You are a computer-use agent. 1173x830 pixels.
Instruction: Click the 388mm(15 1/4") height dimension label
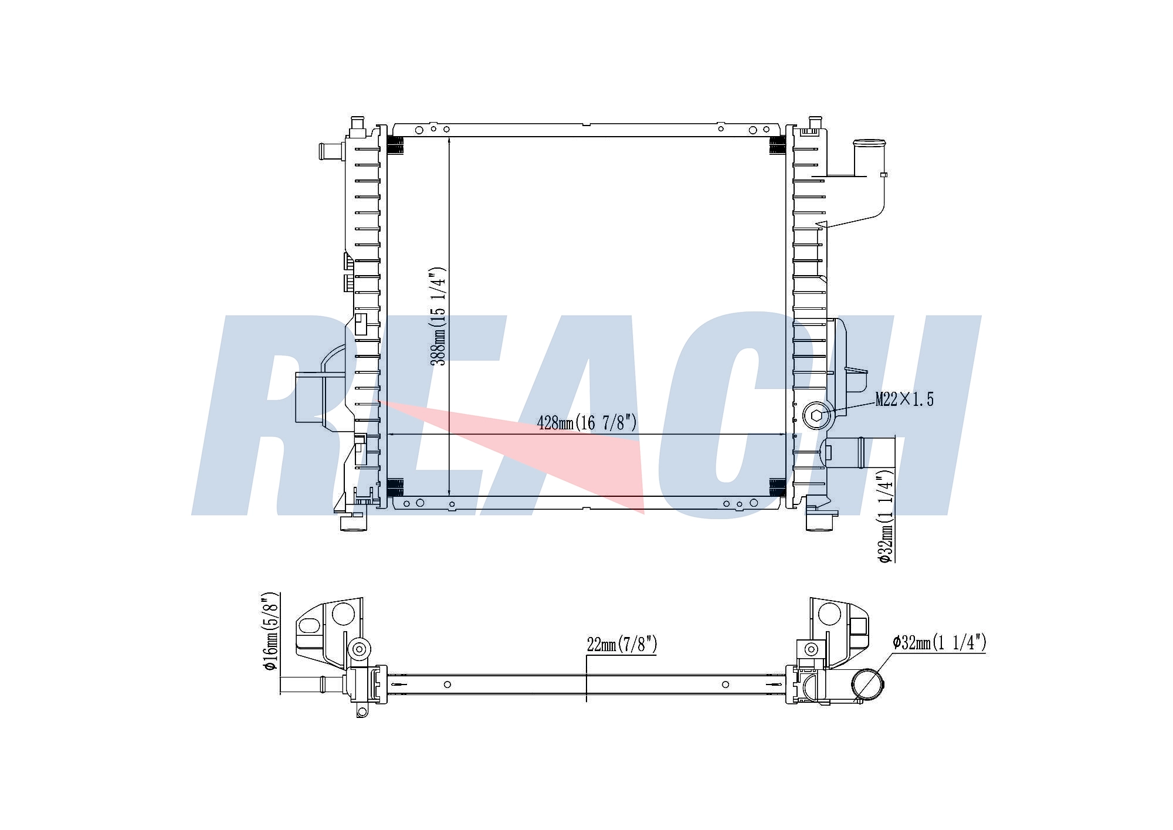(438, 317)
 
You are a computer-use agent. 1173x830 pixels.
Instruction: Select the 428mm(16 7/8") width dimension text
(586, 422)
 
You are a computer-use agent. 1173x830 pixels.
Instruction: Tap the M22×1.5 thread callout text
(904, 399)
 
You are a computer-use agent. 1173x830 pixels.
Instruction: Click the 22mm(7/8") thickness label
(622, 644)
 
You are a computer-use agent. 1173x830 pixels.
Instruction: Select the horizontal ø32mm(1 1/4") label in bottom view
(939, 643)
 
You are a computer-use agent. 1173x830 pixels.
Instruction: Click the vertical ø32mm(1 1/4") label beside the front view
(886, 516)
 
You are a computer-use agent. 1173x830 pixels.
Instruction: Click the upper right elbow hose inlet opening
(869, 143)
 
